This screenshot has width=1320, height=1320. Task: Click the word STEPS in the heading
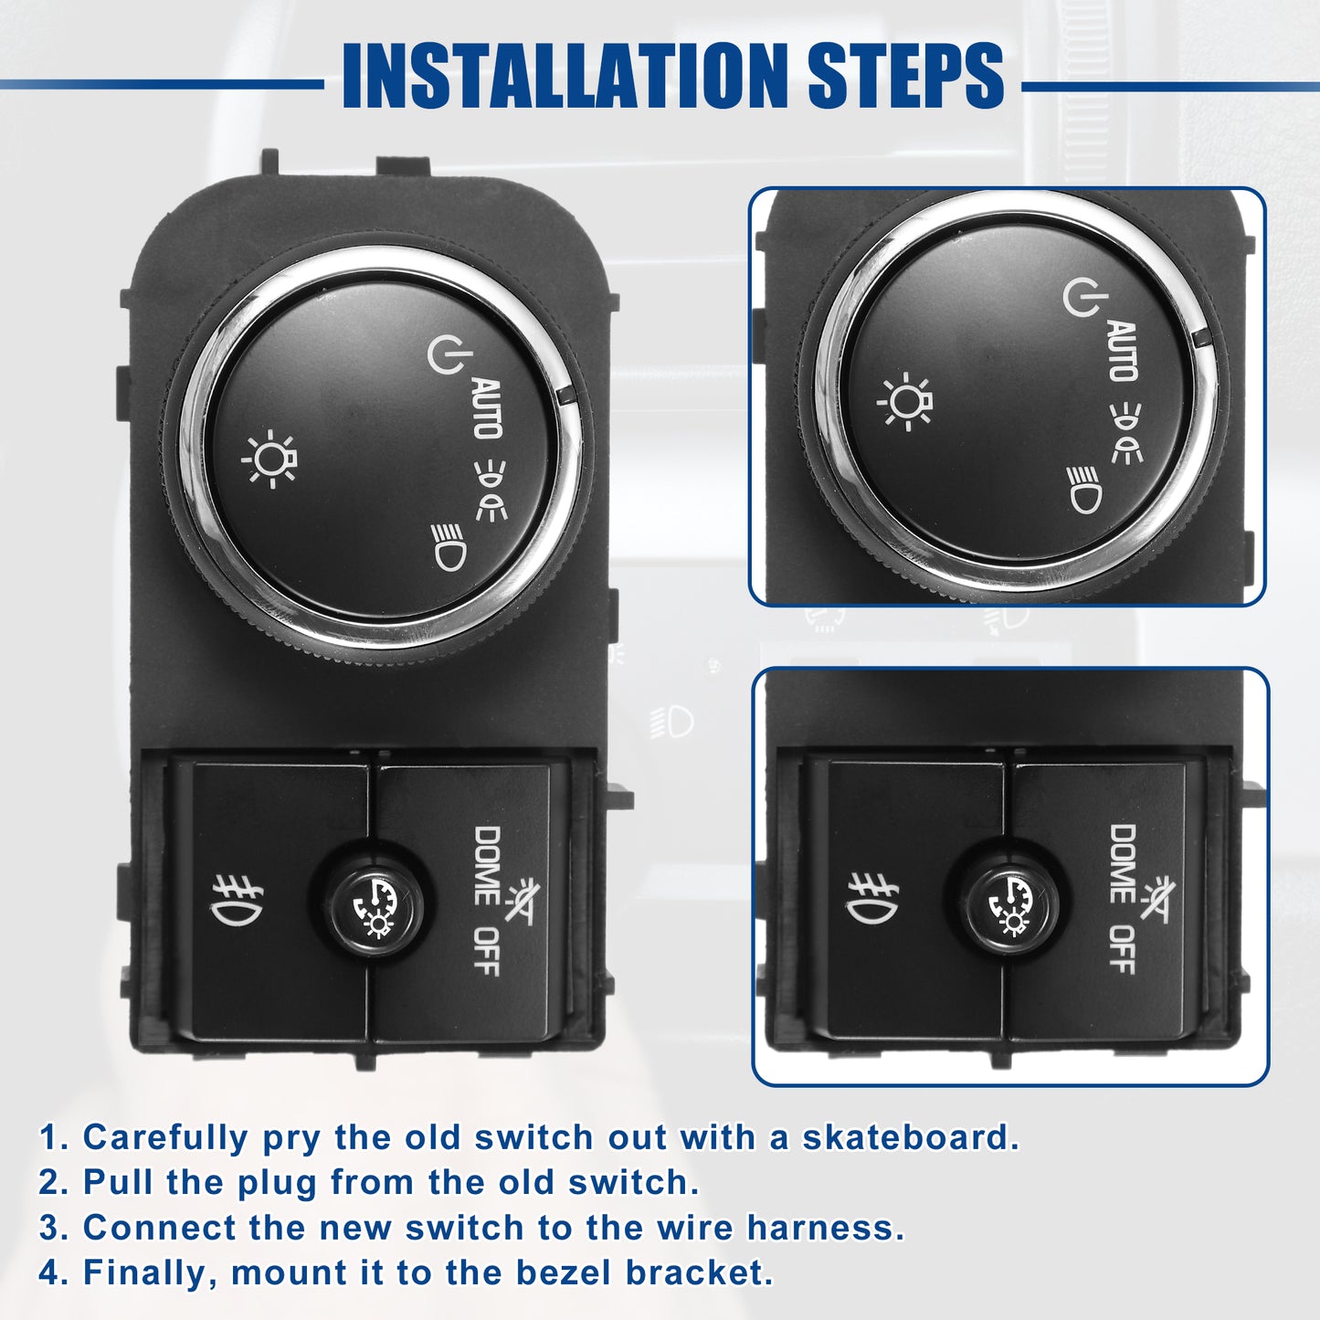pyautogui.click(x=905, y=75)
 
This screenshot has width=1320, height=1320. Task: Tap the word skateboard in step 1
pyautogui.click(x=911, y=1138)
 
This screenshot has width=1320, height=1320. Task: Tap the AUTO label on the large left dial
pyautogui.click(x=488, y=408)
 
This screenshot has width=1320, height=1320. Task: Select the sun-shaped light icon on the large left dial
pyautogui.click(x=269, y=459)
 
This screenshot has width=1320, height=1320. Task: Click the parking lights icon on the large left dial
pyautogui.click(x=491, y=491)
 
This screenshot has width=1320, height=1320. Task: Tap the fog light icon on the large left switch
pyautogui.click(x=237, y=901)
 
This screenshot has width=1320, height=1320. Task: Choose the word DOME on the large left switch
pyautogui.click(x=487, y=867)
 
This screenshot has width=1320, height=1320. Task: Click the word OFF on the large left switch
pyautogui.click(x=486, y=952)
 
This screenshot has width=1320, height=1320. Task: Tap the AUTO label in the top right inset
pyautogui.click(x=1123, y=351)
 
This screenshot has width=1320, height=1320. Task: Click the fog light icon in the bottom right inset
pyautogui.click(x=871, y=899)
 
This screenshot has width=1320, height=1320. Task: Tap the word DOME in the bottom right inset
pyautogui.click(x=1122, y=864)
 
